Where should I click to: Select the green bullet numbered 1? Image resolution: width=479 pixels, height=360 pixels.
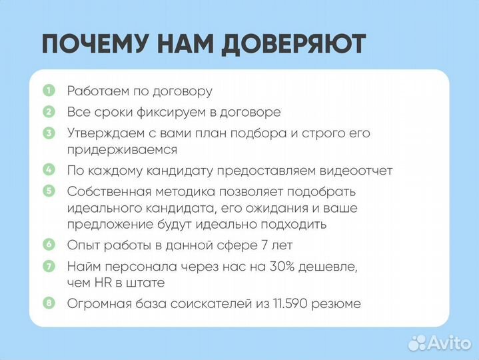click(49, 91)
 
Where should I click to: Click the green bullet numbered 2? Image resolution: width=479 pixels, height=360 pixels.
click(49, 112)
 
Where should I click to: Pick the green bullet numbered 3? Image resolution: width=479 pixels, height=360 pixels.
click(49, 133)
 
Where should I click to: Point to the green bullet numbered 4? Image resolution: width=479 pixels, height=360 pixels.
click(49, 170)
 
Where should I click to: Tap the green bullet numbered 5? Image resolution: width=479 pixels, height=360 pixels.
click(49, 191)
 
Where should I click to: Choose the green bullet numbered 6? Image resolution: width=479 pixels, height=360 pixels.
click(49, 245)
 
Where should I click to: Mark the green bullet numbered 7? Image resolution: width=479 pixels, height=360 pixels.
click(49, 267)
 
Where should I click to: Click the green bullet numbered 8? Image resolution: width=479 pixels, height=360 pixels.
click(49, 304)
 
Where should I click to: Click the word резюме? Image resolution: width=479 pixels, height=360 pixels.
click(339, 305)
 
